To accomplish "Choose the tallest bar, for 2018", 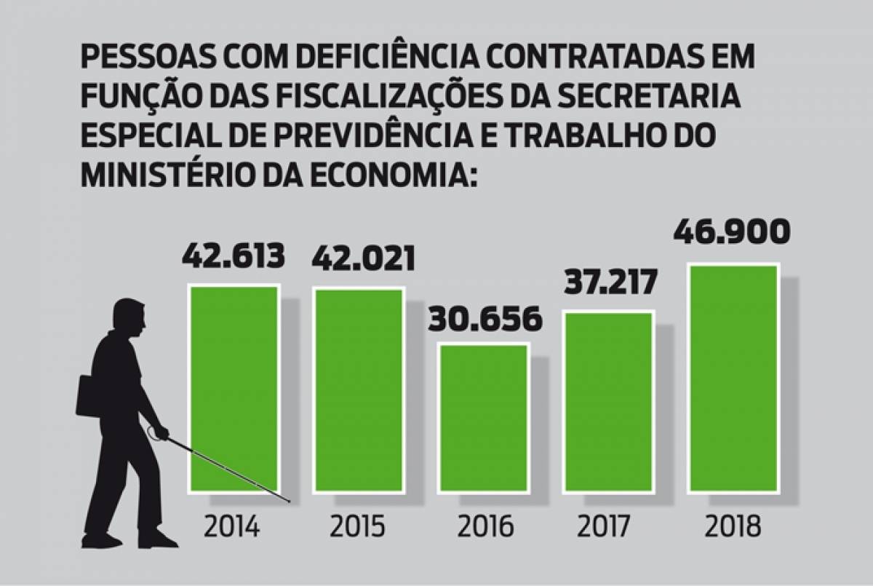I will click(x=733, y=378).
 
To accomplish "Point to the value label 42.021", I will click(x=363, y=259).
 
